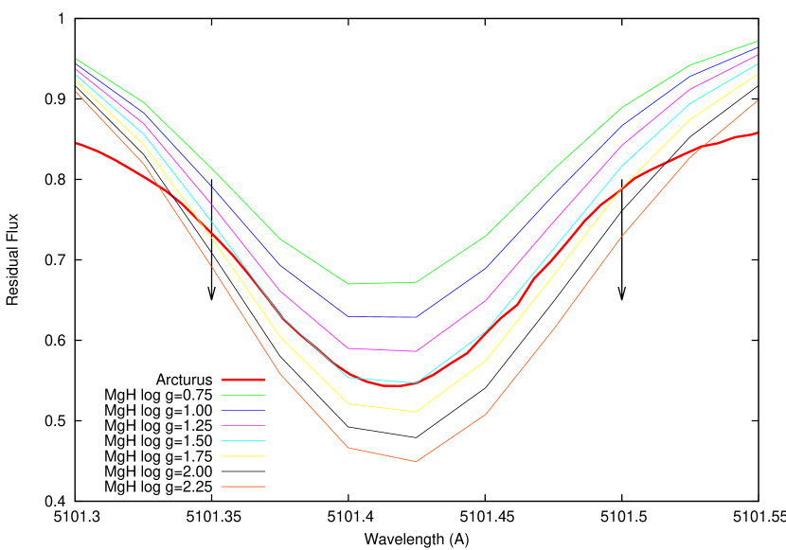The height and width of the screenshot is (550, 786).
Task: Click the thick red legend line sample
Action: pos(243,380)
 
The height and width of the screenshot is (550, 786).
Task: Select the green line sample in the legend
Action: pos(243,395)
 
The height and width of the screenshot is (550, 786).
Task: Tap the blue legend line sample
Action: pos(243,410)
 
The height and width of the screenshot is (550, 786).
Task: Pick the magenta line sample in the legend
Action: pos(243,426)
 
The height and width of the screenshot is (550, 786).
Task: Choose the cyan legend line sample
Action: pos(243,441)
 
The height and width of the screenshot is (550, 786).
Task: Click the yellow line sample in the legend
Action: pos(243,456)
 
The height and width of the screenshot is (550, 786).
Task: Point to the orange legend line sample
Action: pos(243,487)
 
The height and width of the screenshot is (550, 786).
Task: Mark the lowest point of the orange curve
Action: pos(416,461)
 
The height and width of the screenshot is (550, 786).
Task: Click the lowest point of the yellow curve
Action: pos(416,412)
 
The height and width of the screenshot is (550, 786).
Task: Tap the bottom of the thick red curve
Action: pos(393,386)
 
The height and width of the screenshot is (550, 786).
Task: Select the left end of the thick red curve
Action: pos(76,143)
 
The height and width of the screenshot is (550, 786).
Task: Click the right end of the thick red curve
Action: pos(758,133)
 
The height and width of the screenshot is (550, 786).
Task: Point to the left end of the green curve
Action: pos(76,59)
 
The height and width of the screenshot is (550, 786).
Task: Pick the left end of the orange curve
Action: pos(76,91)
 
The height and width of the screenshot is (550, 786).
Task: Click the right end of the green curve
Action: pos(758,42)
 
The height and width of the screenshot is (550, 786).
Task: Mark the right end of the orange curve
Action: pos(758,100)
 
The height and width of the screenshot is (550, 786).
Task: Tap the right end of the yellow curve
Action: pos(758,74)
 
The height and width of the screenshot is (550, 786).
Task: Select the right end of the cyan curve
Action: pos(758,63)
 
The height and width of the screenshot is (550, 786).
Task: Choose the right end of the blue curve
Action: pos(758,48)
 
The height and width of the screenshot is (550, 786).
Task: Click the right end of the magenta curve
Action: pos(758,55)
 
